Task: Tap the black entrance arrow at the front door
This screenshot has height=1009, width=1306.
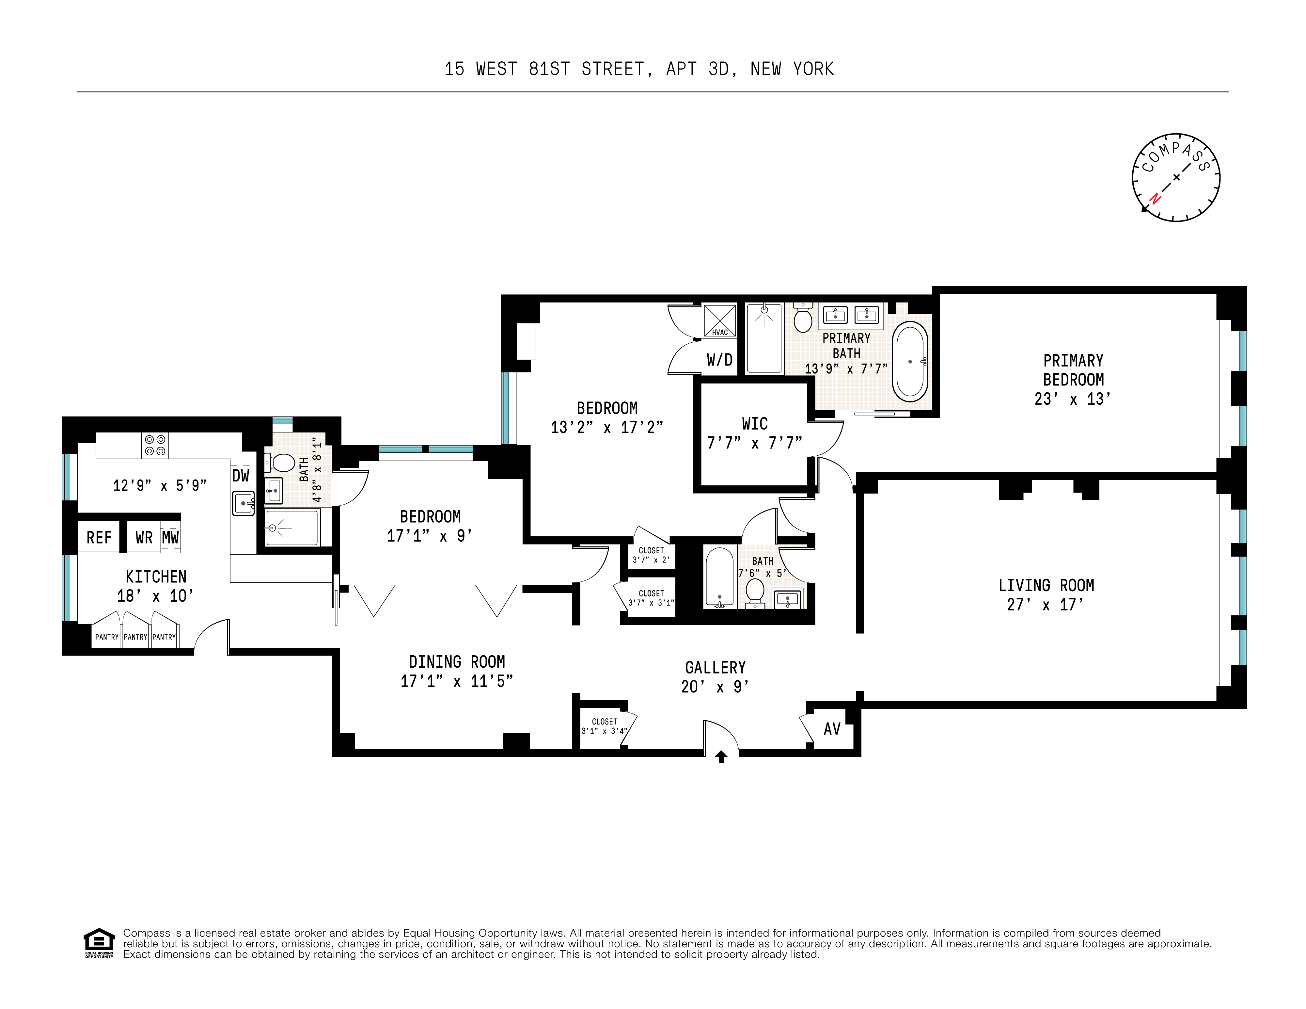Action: click(x=721, y=757)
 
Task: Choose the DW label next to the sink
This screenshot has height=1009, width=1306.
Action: click(x=240, y=476)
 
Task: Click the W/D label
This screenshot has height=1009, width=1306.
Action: click(x=719, y=360)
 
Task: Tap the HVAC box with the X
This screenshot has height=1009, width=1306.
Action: click(x=720, y=321)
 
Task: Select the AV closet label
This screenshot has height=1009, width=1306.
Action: click(x=832, y=729)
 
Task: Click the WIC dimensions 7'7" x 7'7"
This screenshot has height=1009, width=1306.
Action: click(x=755, y=443)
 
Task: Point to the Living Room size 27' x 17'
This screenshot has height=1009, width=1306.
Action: click(x=1045, y=604)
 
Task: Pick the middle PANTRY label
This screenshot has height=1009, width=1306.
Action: click(x=135, y=637)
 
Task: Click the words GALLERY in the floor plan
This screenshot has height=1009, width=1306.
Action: click(x=715, y=667)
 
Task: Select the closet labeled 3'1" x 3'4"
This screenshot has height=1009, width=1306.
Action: click(x=604, y=726)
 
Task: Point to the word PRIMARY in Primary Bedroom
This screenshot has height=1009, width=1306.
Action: click(x=1073, y=361)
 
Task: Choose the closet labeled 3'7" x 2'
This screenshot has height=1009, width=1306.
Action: click(x=651, y=555)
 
